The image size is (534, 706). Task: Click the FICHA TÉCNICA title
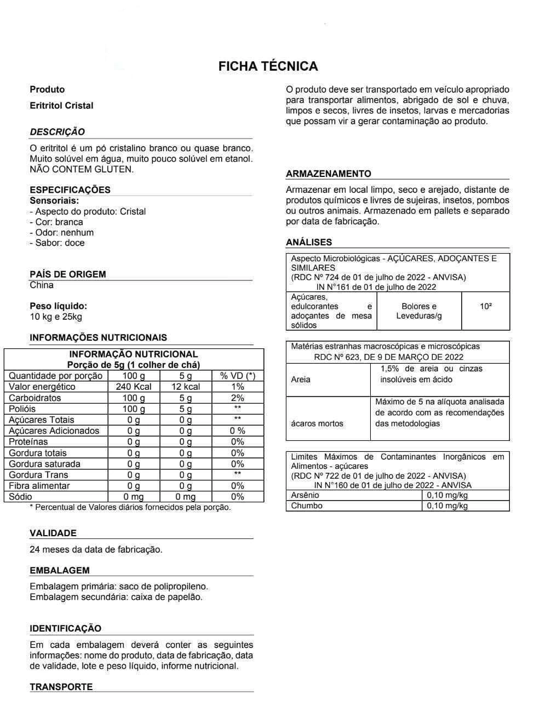tap(268, 66)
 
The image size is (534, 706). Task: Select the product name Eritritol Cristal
tap(61, 106)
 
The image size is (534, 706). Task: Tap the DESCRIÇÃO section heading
tap(58, 132)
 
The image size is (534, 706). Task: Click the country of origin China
tap(42, 285)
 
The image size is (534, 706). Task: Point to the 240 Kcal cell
tap(134, 387)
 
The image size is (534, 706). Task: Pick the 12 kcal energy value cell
tap(186, 387)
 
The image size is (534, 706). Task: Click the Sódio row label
tap(21, 497)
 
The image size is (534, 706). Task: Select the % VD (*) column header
tap(237, 376)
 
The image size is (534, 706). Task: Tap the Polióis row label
tap(22, 409)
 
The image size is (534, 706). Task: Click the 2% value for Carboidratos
tap(237, 398)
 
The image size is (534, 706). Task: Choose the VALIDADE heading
tap(53, 533)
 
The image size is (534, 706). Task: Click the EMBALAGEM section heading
tap(60, 570)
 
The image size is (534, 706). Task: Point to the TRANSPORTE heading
tap(61, 687)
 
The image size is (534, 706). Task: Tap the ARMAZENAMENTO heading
tap(329, 174)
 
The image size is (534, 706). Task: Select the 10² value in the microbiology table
tap(485, 306)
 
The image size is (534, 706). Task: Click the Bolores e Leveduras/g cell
tap(419, 311)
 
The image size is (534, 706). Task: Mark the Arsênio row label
tap(305, 495)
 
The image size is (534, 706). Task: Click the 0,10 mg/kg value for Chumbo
tap(447, 506)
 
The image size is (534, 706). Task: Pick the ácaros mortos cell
tap(318, 423)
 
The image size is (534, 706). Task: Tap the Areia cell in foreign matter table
tap(301, 379)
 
